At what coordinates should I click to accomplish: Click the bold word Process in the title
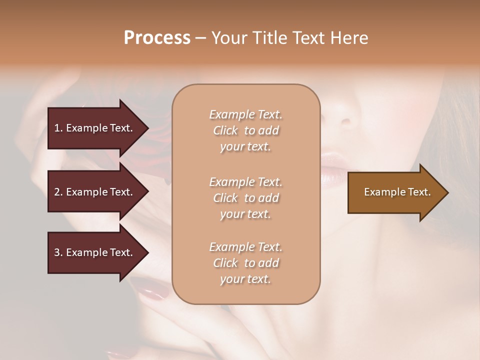pyautogui.click(x=157, y=38)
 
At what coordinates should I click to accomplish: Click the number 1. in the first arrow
pyautogui.click(x=58, y=128)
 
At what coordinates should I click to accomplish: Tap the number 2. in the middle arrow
pyautogui.click(x=58, y=192)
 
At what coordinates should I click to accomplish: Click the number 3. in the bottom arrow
pyautogui.click(x=58, y=252)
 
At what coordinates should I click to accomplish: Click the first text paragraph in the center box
pyautogui.click(x=245, y=130)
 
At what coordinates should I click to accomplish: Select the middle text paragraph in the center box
pyautogui.click(x=245, y=198)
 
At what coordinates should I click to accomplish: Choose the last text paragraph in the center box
pyautogui.click(x=245, y=263)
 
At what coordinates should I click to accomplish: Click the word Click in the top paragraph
pyautogui.click(x=225, y=130)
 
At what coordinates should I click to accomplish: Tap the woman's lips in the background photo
pyautogui.click(x=332, y=167)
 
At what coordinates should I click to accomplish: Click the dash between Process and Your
pyautogui.click(x=200, y=38)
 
